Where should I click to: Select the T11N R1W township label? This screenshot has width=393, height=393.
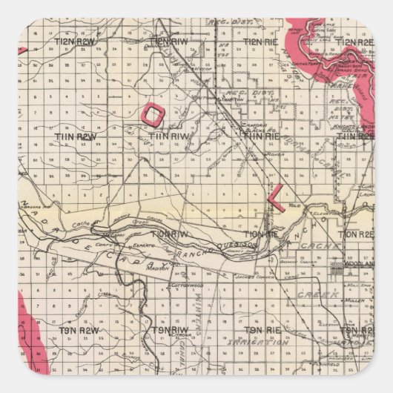tap(171, 137)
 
